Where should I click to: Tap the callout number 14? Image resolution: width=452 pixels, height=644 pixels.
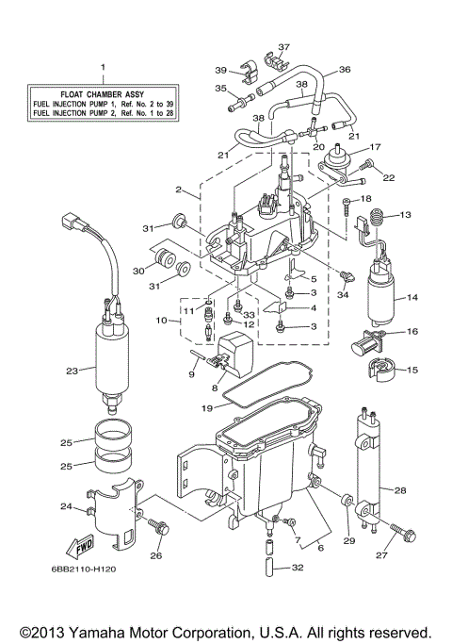pyautogui.click(x=412, y=298)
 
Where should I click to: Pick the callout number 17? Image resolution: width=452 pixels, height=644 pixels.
pyautogui.click(x=374, y=146)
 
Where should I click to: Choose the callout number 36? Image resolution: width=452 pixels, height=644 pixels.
pyautogui.click(x=345, y=69)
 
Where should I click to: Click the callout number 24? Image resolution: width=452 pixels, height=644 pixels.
pyautogui.click(x=67, y=506)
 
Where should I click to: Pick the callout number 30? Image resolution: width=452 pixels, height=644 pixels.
pyautogui.click(x=137, y=271)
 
